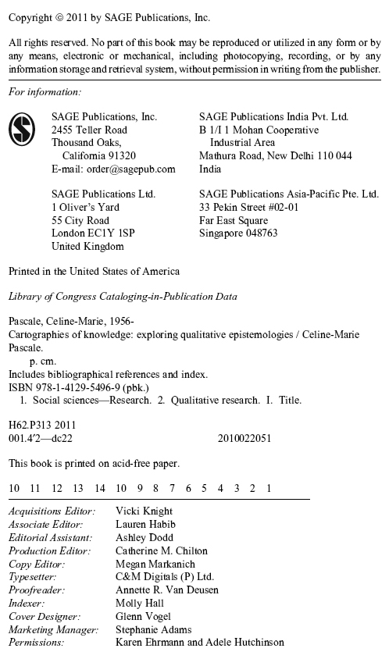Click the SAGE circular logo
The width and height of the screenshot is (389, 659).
[22, 129]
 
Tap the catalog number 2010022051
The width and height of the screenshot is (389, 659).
[244, 438]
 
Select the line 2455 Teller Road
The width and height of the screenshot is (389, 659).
[89, 130]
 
